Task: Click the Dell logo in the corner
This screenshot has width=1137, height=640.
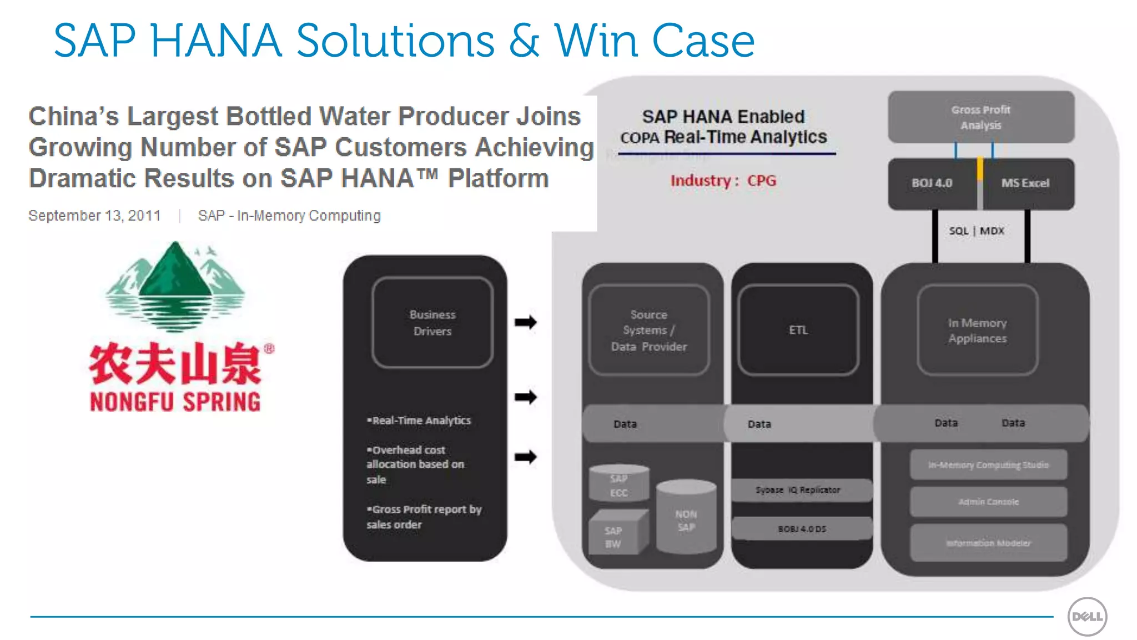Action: (1087, 616)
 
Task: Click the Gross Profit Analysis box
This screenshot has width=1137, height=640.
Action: (981, 117)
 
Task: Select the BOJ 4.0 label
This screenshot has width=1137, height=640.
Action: (932, 183)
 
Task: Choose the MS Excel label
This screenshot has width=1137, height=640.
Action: (1025, 183)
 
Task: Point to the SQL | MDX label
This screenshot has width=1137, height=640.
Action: (977, 231)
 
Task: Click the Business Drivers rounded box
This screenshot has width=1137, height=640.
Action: (432, 323)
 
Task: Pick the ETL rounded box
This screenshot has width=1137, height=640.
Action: (798, 330)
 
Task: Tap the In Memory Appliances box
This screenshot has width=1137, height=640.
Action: (977, 331)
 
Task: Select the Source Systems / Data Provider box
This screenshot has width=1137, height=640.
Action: (648, 331)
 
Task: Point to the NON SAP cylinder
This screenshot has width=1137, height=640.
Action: (686, 518)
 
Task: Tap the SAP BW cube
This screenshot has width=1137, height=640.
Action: (615, 536)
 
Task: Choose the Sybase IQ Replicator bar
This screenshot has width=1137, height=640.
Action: (798, 490)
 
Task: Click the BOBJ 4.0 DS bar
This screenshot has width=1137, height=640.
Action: (802, 529)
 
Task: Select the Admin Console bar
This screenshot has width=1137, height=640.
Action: (988, 502)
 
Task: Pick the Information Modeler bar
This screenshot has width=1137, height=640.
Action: (988, 543)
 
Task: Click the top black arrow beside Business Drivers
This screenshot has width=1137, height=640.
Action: (525, 322)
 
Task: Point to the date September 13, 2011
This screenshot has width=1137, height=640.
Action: (94, 216)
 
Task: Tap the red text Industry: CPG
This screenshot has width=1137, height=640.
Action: (723, 181)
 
